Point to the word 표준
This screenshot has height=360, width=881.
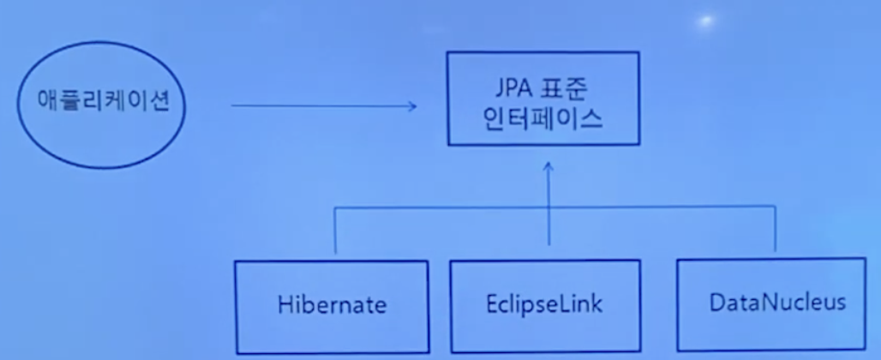coord(569,87)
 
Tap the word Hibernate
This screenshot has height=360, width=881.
coord(333,303)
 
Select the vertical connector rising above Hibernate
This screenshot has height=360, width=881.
coord(335,230)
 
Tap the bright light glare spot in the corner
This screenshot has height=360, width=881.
coord(708,20)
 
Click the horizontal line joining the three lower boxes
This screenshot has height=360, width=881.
coord(446,207)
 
